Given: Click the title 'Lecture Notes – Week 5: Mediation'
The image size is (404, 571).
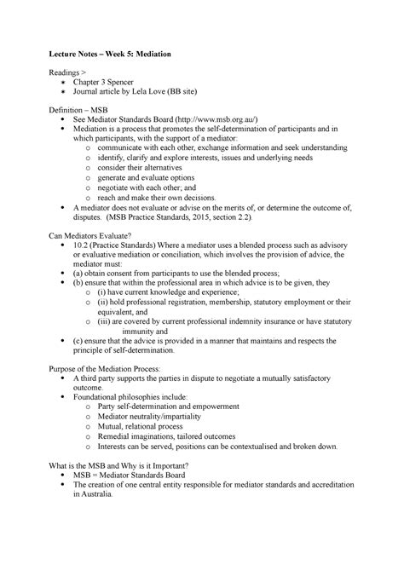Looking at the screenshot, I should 120,55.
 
